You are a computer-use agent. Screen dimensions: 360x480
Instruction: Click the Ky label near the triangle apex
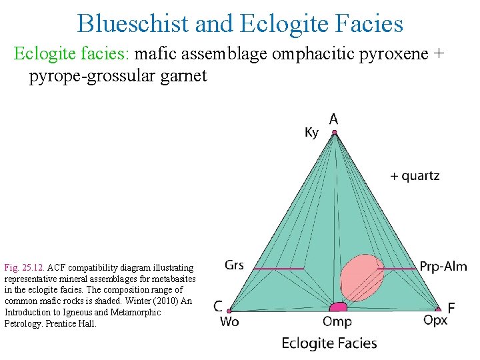coord(311,133)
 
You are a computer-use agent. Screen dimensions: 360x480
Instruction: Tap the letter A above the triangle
coord(333,119)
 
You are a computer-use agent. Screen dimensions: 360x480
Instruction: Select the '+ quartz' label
coord(415,176)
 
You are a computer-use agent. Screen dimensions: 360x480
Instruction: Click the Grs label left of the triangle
coord(234,265)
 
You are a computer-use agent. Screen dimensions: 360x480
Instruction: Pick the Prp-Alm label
coord(443,267)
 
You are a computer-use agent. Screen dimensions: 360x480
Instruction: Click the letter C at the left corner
coord(218,307)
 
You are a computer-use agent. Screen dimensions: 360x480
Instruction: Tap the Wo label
coord(229,322)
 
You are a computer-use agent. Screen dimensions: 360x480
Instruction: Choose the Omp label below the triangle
coord(337,322)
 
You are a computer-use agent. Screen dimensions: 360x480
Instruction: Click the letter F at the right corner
coord(451,309)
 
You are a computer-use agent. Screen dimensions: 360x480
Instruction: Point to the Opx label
coord(435,321)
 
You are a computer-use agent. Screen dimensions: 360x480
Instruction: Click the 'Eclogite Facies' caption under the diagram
coord(329,344)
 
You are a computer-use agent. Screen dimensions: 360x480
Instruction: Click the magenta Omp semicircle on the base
coord(338,307)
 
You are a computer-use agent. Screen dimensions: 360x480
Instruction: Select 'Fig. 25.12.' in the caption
coord(23,267)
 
